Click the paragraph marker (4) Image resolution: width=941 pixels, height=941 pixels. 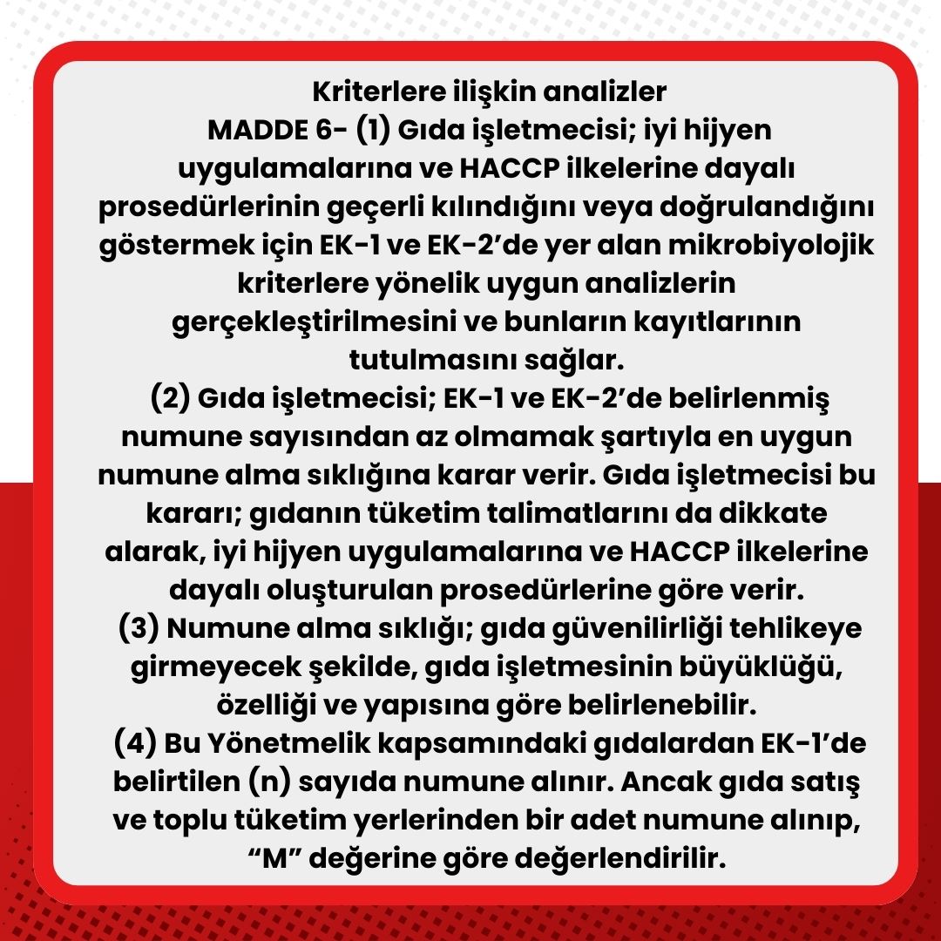(x=134, y=745)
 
